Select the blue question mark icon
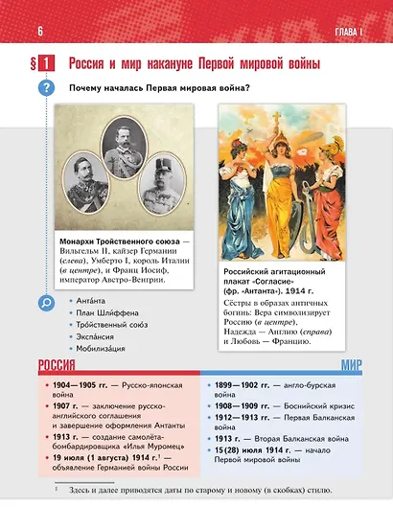[x=46, y=89]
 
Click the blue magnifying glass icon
[x=46, y=304]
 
